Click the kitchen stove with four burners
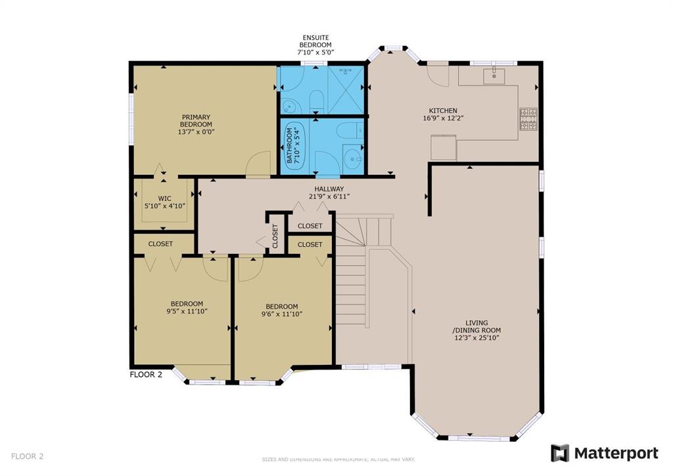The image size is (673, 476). point(528,119)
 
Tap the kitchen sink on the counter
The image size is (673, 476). point(494,76)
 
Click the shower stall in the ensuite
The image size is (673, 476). point(346,89)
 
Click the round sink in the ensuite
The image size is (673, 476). point(290,105)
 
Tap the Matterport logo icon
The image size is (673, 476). point(560,453)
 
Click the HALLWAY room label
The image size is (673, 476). point(329,189)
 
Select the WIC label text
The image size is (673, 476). point(164,199)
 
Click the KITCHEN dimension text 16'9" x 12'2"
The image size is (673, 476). point(443,118)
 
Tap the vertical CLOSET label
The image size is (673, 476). point(275,236)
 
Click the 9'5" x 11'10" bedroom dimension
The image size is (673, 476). point(187,311)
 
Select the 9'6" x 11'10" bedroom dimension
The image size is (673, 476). point(281,314)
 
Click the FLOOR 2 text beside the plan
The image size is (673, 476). point(146,374)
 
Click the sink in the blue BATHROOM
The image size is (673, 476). point(354,159)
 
